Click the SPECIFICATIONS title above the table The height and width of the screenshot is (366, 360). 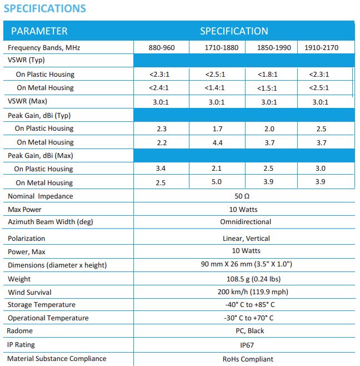[45, 8]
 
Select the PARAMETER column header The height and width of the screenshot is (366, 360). [39, 31]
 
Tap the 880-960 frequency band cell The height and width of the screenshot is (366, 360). [162, 48]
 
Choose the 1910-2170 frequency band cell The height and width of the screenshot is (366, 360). [321, 48]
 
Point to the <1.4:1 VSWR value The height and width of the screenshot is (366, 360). [218, 87]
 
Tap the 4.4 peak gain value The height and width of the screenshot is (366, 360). [217, 142]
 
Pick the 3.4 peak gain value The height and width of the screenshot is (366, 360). [162, 169]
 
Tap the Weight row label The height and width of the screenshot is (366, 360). [19, 279]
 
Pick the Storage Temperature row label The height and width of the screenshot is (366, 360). [42, 305]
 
